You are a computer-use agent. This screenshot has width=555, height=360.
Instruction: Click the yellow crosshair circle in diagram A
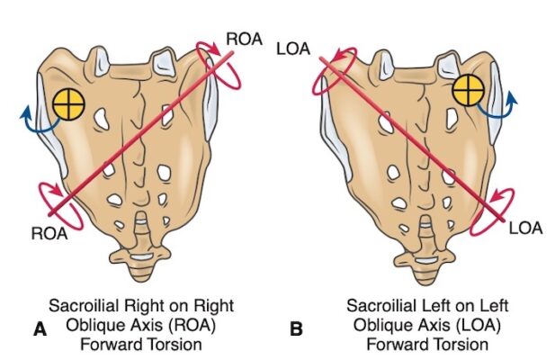[67, 105]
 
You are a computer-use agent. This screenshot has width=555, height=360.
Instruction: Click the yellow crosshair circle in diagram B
[468, 90]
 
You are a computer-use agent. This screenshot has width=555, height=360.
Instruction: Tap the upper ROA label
[244, 39]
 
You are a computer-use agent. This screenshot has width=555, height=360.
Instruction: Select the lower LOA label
[526, 229]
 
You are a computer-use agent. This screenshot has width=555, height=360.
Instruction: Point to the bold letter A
[39, 329]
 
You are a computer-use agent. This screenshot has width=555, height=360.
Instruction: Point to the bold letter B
[297, 329]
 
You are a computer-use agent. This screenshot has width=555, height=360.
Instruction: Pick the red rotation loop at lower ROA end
[58, 199]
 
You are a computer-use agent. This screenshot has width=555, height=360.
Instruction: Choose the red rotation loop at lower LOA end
[495, 205]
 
